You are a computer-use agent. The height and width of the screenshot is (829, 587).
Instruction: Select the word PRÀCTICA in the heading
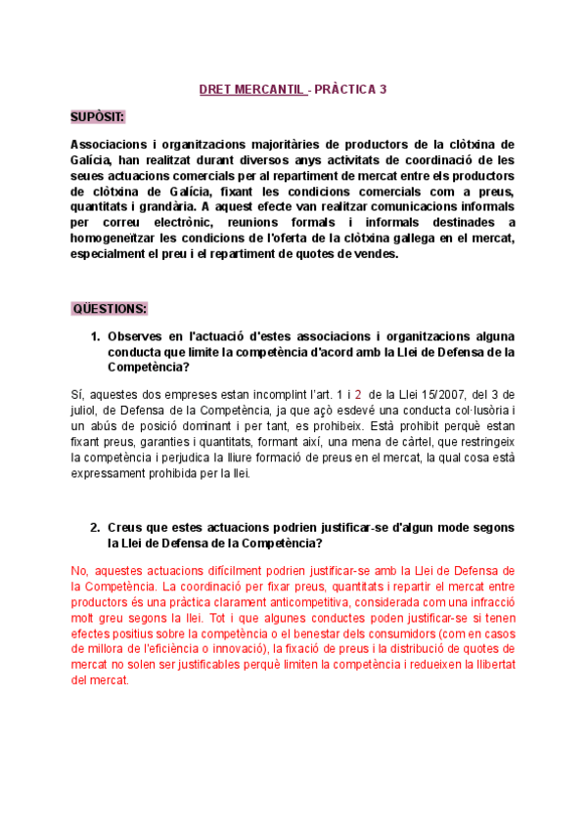(x=348, y=89)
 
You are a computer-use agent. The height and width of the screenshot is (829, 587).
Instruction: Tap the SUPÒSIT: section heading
(x=98, y=117)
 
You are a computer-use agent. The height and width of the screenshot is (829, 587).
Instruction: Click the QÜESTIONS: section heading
(x=111, y=309)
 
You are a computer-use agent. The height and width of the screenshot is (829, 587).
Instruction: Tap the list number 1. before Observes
(x=95, y=336)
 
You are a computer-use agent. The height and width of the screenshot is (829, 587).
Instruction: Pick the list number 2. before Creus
(x=95, y=527)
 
